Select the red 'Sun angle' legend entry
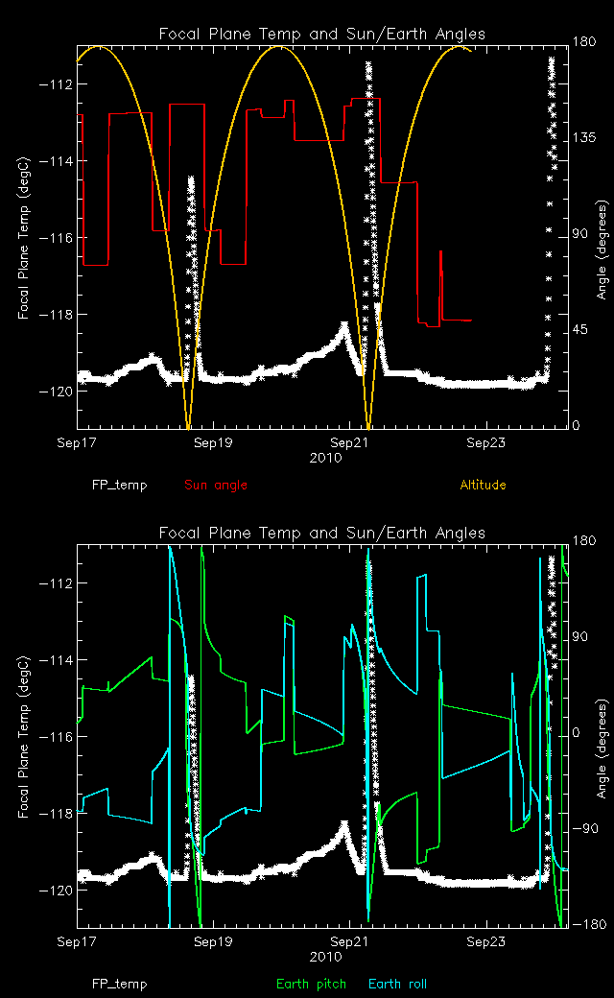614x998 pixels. point(215,486)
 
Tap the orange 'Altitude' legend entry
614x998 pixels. point(483,486)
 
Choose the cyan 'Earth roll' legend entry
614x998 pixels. point(397,985)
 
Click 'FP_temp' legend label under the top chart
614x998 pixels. point(119,486)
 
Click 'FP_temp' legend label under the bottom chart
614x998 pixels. point(119,985)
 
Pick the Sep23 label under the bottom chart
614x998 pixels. point(486,943)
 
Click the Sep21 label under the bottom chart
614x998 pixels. point(349,943)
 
